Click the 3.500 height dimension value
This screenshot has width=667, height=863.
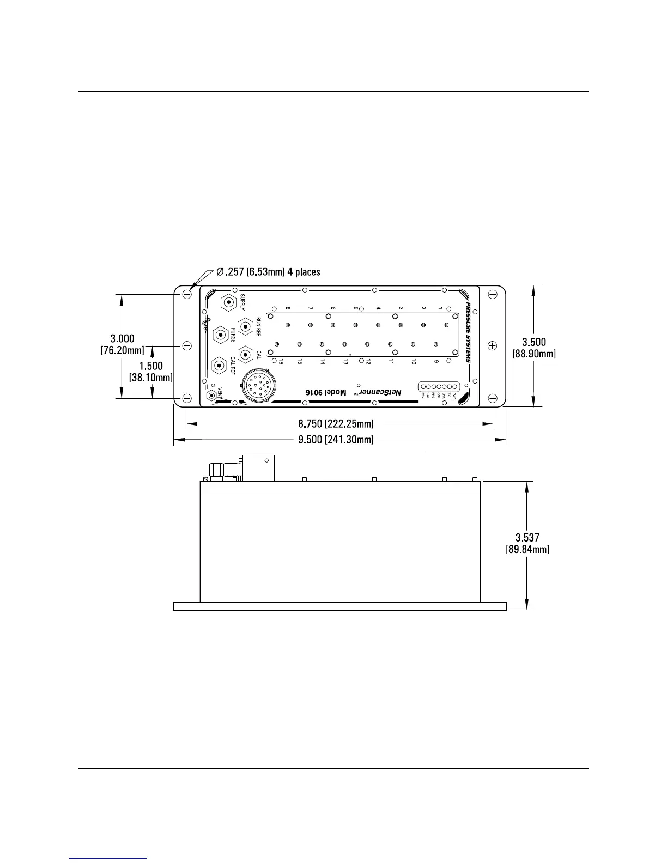tap(533, 342)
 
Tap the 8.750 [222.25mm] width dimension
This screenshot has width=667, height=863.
tap(336, 423)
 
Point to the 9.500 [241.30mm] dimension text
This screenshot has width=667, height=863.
tap(336, 440)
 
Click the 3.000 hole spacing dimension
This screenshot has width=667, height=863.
tap(122, 339)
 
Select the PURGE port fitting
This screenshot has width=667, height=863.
tap(220, 333)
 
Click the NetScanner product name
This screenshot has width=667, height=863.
tap(381, 392)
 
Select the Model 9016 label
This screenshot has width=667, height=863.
tap(326, 392)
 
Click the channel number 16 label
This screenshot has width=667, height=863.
tap(281, 362)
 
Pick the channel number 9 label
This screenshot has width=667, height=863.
tap(436, 362)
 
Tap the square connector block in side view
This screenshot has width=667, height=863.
tap(258, 468)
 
